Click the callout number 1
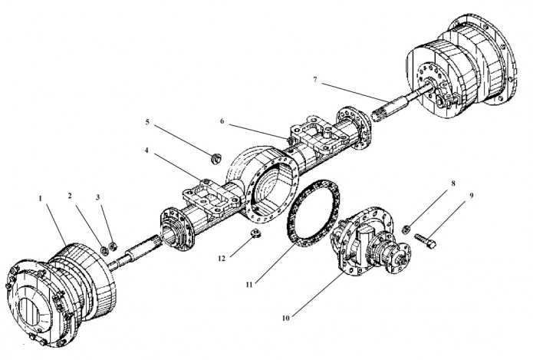[x=40, y=198]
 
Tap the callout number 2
[x=70, y=196]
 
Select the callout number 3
[x=98, y=197]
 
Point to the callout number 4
[x=146, y=150]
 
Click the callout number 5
[x=147, y=122]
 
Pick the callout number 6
[x=222, y=121]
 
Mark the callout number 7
[x=315, y=80]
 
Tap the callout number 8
[x=453, y=183]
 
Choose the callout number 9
[x=472, y=196]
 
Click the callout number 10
[x=285, y=318]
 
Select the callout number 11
[x=249, y=285]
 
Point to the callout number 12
[x=222, y=259]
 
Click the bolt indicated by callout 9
[x=425, y=240]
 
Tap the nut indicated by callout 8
[x=405, y=230]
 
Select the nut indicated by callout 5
[x=216, y=159]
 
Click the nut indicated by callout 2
[x=104, y=251]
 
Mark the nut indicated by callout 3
[x=114, y=246]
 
